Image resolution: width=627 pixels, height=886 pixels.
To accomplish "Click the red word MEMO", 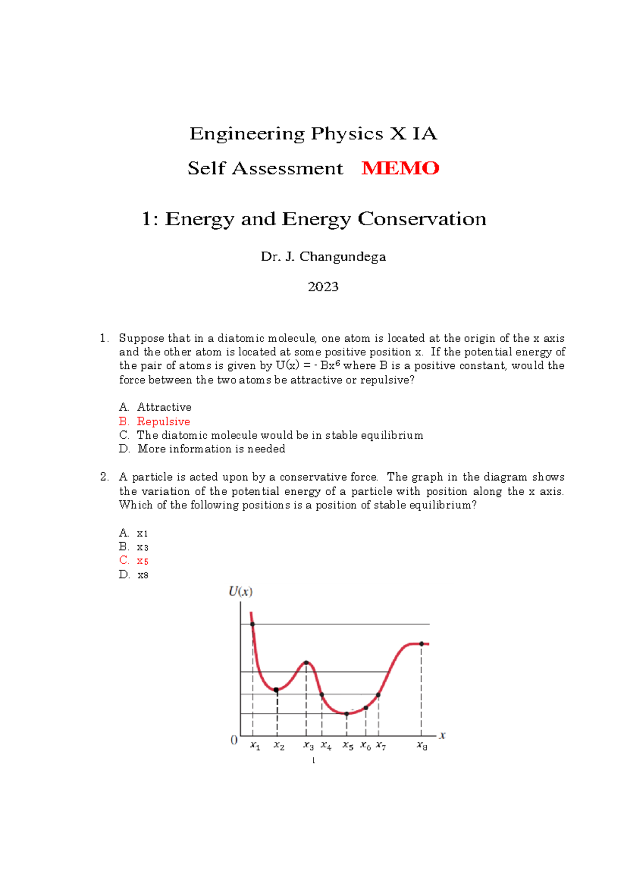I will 400,168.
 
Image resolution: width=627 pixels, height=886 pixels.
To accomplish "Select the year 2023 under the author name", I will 323,287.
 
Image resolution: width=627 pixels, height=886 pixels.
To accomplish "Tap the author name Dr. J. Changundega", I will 323,257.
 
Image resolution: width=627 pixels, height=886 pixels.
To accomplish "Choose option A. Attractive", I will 155,407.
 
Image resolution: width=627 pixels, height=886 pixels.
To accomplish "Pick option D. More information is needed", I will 202,449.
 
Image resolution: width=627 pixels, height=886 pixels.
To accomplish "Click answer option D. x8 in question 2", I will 134,575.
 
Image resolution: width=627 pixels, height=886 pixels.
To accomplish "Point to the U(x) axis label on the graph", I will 241,592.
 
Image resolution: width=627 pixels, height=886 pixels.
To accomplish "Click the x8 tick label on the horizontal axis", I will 422,746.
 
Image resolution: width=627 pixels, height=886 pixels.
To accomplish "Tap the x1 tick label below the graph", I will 255,746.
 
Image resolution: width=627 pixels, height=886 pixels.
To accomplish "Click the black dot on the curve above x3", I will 306,663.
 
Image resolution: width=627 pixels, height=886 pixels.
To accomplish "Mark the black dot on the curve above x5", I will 346,714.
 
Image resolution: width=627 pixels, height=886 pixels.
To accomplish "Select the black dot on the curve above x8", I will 422,644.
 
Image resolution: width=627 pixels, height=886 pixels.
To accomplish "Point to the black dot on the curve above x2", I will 276,690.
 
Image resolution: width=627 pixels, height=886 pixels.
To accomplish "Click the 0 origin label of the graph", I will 234,740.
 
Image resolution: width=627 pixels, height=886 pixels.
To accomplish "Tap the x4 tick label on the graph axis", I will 326,746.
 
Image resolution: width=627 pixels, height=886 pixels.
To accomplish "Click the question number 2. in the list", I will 104,477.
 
